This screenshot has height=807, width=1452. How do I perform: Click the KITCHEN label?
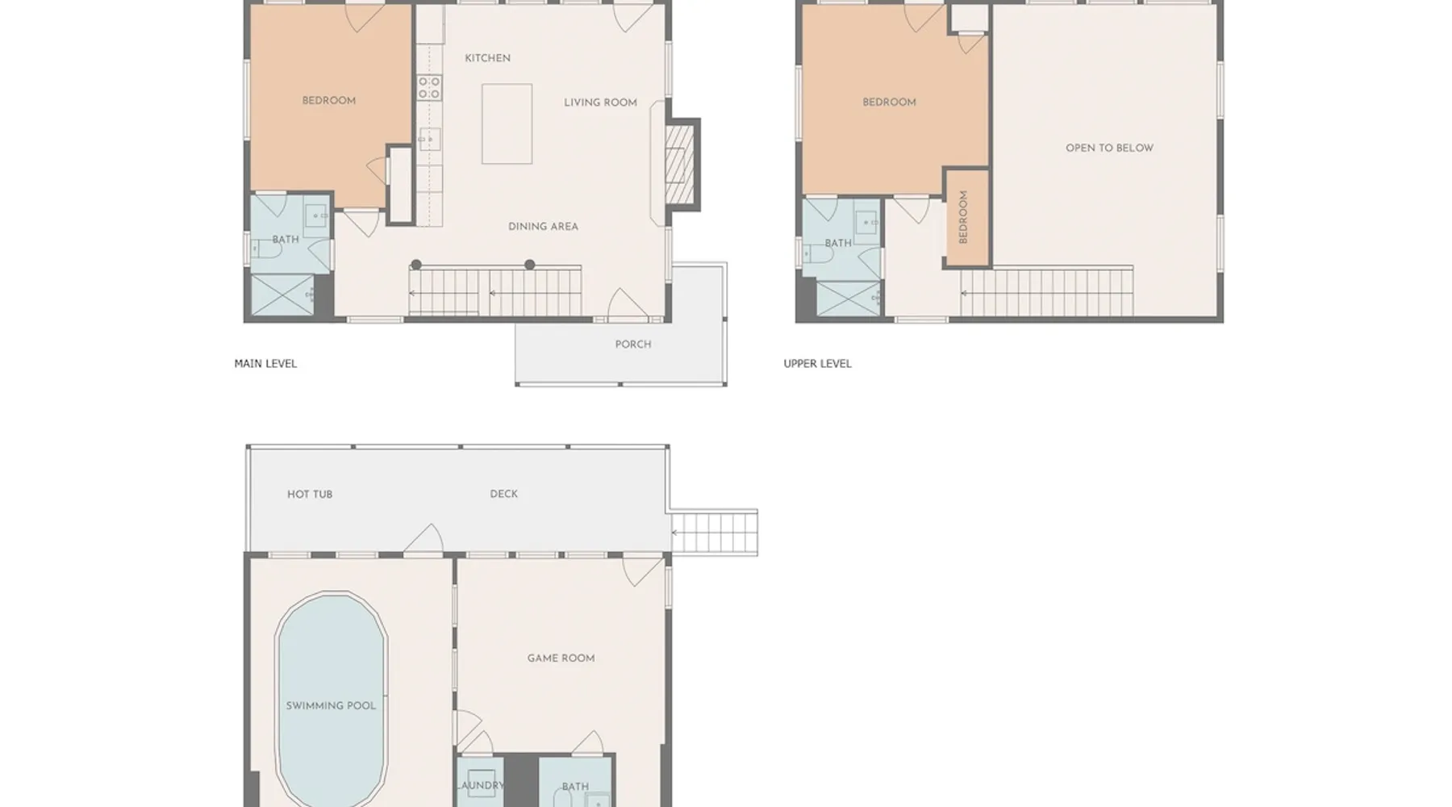pos(487,58)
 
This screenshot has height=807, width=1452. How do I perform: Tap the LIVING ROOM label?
pos(600,102)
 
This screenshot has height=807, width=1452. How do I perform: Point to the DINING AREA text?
pos(543,227)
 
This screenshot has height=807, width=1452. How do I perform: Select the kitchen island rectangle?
pos(507,123)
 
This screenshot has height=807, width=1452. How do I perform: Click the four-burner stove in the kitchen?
pos(429,87)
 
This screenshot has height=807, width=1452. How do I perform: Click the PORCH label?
pos(633,345)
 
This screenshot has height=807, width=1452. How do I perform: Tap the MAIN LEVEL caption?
pos(265,364)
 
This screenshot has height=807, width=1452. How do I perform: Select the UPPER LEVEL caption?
pos(817,364)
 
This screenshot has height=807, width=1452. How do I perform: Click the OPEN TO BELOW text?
pos(1109,148)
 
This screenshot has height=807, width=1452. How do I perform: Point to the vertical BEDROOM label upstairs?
pos(963,217)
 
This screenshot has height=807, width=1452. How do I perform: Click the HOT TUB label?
pos(310,495)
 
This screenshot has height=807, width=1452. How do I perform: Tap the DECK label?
pos(504,494)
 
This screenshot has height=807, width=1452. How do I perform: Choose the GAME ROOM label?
pos(561,659)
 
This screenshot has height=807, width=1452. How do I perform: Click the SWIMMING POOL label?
pos(331,706)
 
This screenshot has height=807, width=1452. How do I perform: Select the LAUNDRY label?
pos(481,785)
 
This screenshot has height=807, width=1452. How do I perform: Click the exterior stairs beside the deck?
pos(714,533)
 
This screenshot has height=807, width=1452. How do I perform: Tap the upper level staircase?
pos(1047,292)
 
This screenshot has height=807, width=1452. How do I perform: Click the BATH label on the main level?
pos(286,240)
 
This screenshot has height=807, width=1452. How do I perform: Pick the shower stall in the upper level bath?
pos(849,299)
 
